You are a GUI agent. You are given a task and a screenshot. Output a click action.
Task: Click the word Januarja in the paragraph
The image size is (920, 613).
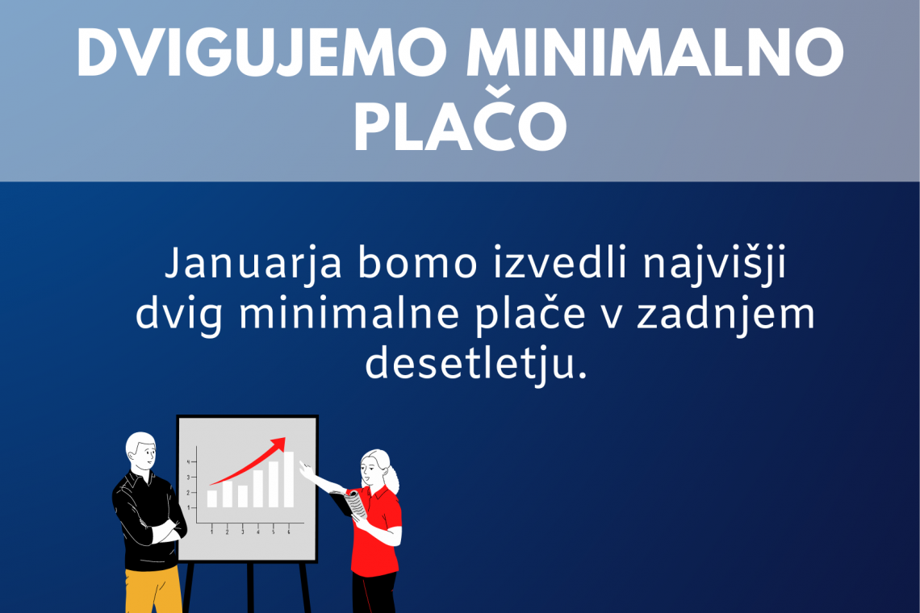pos(253,265)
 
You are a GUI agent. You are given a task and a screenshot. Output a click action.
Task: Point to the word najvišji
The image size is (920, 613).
pos(714,265)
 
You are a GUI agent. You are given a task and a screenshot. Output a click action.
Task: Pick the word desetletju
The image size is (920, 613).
pos(476,365)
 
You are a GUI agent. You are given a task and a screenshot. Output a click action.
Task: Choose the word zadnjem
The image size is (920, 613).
pos(726,315)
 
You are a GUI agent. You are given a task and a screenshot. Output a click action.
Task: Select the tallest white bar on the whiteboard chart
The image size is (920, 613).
pos(289,479)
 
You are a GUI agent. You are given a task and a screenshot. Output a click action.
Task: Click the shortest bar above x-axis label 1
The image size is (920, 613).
pos(211,498)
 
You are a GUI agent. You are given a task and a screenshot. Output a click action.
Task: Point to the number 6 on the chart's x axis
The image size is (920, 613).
pos(289,532)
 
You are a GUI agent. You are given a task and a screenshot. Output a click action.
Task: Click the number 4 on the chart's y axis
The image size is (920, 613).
pos(189,462)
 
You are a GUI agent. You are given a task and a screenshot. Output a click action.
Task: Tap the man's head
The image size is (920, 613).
pos(141,451)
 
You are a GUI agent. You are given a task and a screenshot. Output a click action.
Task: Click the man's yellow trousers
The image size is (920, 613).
pos(153,590)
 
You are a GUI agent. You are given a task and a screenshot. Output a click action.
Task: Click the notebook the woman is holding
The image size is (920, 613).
pos(354,504)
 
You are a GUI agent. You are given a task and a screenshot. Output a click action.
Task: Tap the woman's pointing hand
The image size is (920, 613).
pos(306,470)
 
